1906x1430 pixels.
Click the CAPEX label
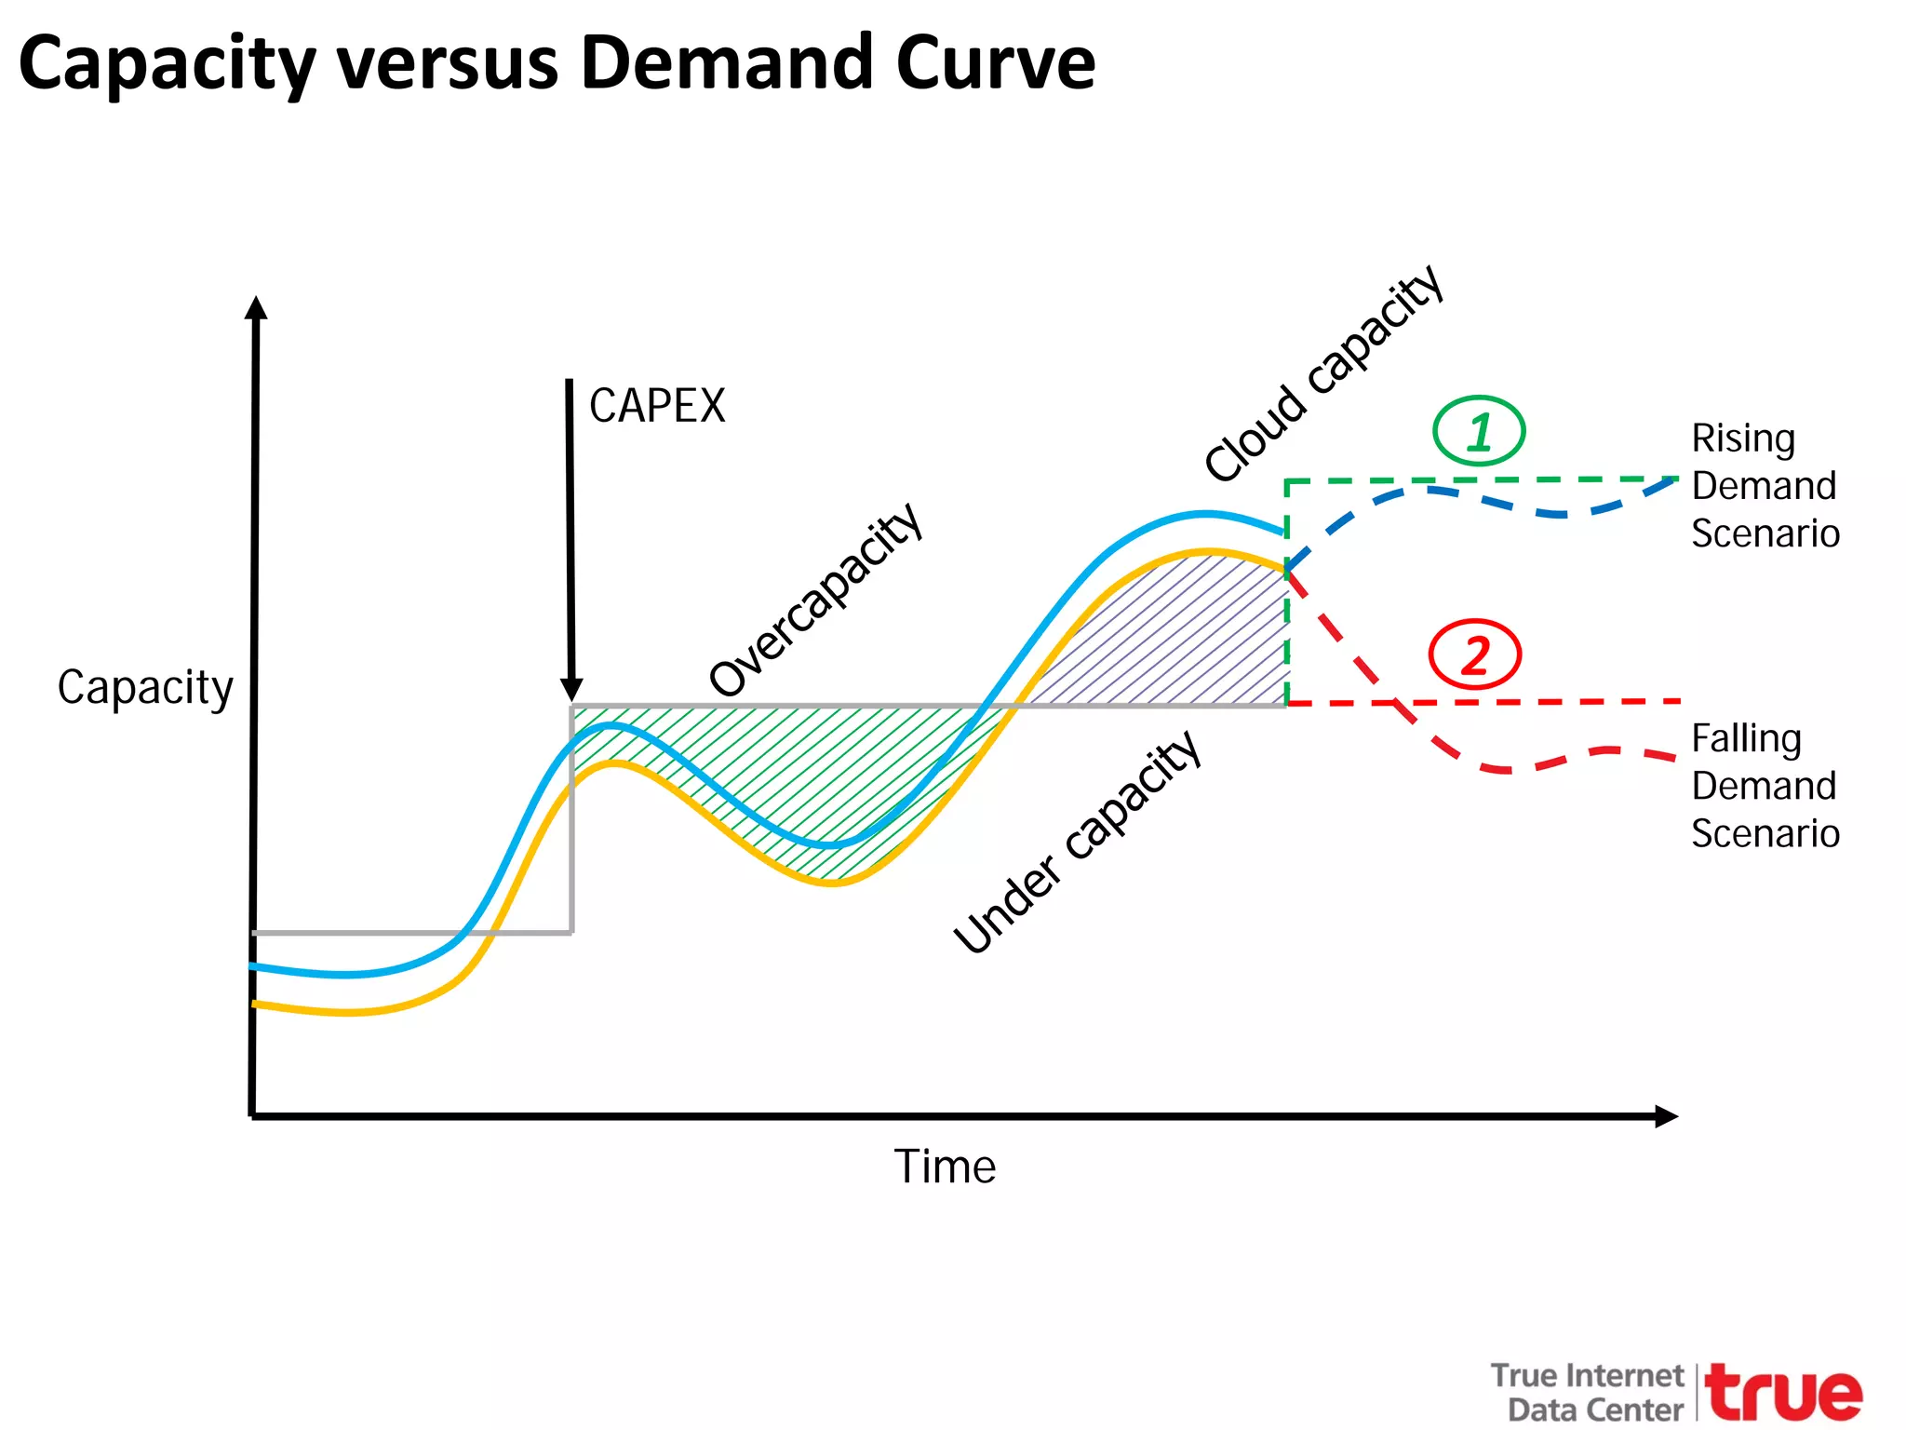[x=657, y=407]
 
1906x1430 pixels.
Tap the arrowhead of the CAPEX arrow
[x=571, y=690]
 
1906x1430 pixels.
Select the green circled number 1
[x=1479, y=432]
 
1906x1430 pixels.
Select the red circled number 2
[x=1475, y=654]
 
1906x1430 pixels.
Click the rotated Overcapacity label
[x=815, y=600]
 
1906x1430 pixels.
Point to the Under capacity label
[x=1077, y=842]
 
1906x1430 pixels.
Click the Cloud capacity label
[x=1322, y=373]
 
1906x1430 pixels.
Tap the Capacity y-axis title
[x=145, y=688]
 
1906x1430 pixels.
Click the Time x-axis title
[x=945, y=1167]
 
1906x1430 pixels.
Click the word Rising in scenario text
[x=1742, y=438]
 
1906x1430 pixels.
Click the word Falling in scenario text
[x=1746, y=738]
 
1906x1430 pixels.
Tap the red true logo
[x=1784, y=1393]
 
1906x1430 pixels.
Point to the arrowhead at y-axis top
[x=256, y=308]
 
